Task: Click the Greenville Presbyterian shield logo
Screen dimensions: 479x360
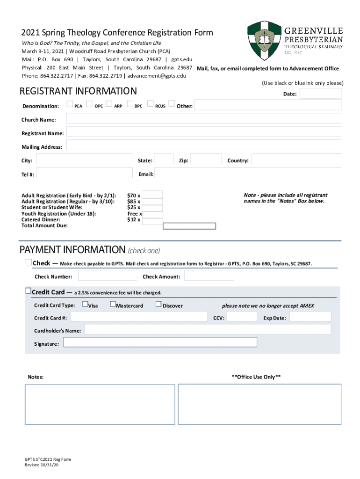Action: pos(264,40)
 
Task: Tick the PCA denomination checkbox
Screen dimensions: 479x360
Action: pos(70,104)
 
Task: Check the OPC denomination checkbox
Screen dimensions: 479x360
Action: pos(89,104)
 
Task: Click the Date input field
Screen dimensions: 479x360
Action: pos(320,94)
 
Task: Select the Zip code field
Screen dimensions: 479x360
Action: pos(206,160)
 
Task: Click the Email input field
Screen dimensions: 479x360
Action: pos(247,174)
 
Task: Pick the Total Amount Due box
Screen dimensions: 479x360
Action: pos(189,226)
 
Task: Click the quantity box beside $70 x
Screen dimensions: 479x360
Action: pos(152,195)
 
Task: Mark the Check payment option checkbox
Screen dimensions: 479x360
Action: pos(29,262)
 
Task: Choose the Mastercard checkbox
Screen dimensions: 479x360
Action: pos(113,305)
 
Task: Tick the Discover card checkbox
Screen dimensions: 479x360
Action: pos(158,305)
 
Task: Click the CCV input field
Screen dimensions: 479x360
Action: pos(241,317)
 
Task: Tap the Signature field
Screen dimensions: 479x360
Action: pos(160,342)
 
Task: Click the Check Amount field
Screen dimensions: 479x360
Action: pos(208,276)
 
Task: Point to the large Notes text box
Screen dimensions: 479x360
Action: pos(98,405)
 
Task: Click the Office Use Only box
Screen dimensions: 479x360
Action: pos(259,405)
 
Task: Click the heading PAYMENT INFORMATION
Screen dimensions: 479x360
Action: pos(72,249)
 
